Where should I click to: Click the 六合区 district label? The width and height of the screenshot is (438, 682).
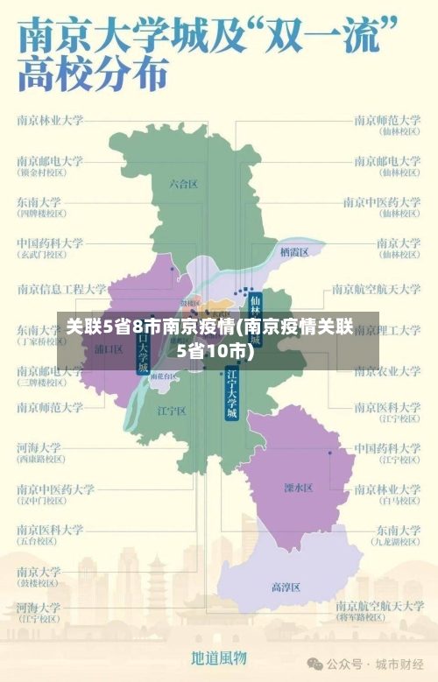(x=184, y=184)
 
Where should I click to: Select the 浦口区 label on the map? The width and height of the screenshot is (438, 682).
(x=109, y=348)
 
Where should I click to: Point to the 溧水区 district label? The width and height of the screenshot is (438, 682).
(x=298, y=488)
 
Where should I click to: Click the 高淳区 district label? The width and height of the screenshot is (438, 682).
(x=286, y=587)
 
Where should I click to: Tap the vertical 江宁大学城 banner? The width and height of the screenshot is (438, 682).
(x=231, y=395)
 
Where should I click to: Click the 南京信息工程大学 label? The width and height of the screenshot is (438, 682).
(x=61, y=288)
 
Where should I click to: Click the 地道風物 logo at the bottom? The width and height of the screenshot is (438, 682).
(x=219, y=657)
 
